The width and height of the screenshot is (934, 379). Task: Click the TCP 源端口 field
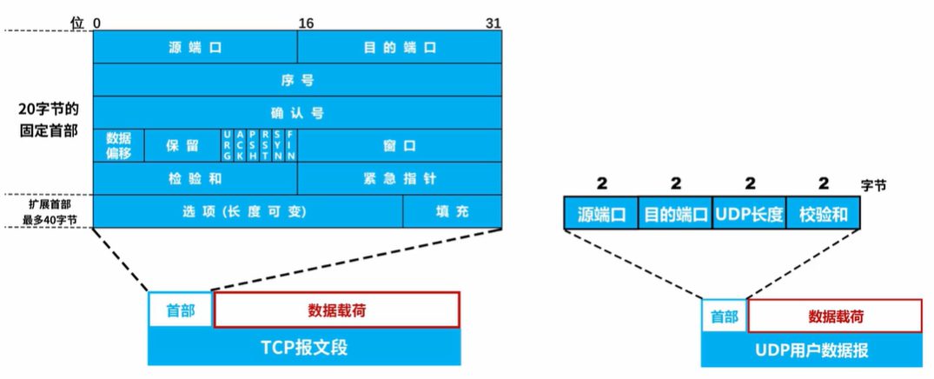[195, 46]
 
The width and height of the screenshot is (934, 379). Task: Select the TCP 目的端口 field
[400, 46]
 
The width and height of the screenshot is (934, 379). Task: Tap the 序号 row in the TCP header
[297, 80]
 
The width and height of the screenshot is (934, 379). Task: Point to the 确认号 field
[297, 113]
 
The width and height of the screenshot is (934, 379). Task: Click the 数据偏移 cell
[118, 145]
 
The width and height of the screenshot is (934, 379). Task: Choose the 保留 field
[182, 145]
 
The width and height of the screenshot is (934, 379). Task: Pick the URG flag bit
[227, 145]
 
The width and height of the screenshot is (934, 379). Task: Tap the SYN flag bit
[277, 145]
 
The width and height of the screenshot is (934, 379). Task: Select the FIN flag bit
[291, 145]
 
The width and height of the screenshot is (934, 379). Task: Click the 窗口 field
[400, 145]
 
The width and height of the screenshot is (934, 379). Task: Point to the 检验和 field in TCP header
[195, 178]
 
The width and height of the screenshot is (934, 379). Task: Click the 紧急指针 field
[400, 178]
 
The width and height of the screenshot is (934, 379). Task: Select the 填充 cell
[453, 211]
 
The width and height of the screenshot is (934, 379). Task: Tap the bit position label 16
[306, 23]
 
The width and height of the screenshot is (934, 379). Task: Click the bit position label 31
[493, 23]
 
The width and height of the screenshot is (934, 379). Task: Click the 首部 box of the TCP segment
[181, 309]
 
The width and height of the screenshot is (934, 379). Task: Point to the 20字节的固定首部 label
[49, 121]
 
